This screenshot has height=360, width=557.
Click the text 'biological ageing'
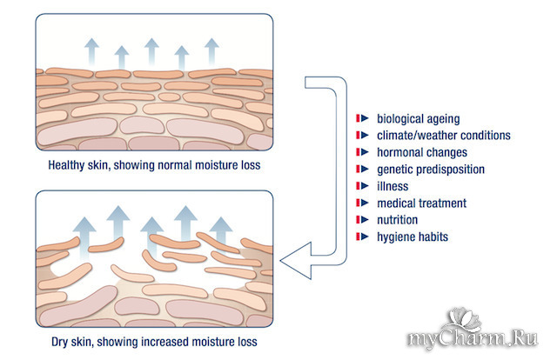pos(418,118)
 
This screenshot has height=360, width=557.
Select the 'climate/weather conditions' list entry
pos(443,135)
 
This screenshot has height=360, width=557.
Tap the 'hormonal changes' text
pos(421,152)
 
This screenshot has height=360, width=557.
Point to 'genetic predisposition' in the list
pos(430,169)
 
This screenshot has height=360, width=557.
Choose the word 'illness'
pos(392,186)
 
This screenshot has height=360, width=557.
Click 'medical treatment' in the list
pos(421,203)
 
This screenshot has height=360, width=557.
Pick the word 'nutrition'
pos(399,220)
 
